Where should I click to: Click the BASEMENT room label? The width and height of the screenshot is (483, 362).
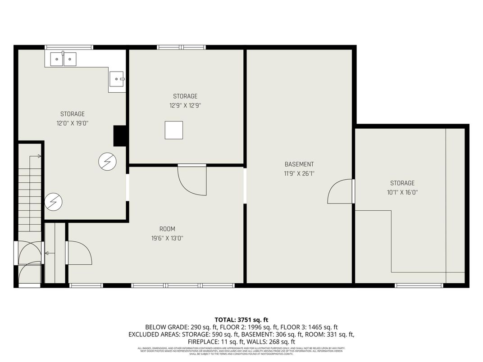(299, 164)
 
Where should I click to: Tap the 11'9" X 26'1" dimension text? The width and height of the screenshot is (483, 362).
(299, 173)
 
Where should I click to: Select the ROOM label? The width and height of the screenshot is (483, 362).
(167, 229)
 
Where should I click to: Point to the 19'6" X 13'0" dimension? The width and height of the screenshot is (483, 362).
(167, 238)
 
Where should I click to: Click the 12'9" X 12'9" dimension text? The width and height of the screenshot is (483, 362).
(185, 105)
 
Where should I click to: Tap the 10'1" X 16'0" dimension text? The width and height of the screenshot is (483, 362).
(402, 192)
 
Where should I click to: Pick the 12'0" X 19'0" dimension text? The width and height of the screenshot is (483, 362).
(73, 123)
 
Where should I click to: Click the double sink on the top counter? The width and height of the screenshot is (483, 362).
(63, 59)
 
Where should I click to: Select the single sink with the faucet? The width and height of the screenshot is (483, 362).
(117, 79)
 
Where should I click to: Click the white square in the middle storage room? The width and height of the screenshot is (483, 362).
(173, 130)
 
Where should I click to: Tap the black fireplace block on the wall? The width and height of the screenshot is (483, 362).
(119, 136)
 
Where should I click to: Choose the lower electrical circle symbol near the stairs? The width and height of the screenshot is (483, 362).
(53, 202)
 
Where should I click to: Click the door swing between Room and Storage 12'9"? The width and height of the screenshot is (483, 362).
(192, 180)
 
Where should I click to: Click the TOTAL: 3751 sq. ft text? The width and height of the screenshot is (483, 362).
(241, 320)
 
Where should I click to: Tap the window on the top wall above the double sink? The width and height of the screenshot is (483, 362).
(69, 47)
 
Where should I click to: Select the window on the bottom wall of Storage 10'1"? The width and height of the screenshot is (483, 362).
(419, 285)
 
